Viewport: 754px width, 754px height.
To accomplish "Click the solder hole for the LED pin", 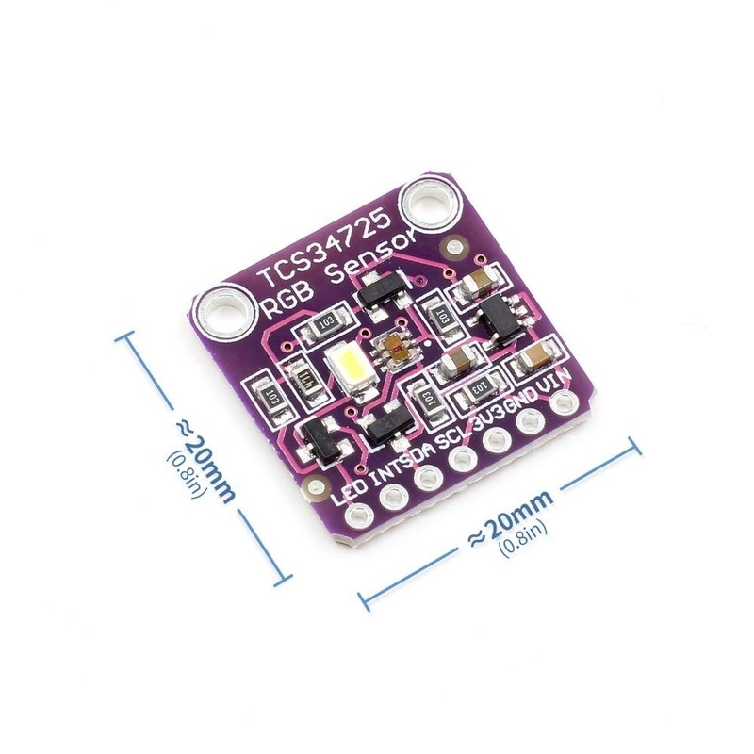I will click(x=359, y=515).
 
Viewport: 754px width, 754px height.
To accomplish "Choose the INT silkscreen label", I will click(x=393, y=466).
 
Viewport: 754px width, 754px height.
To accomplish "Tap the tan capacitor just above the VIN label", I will click(x=535, y=356).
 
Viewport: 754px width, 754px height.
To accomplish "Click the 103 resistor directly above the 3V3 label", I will click(x=478, y=387).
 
